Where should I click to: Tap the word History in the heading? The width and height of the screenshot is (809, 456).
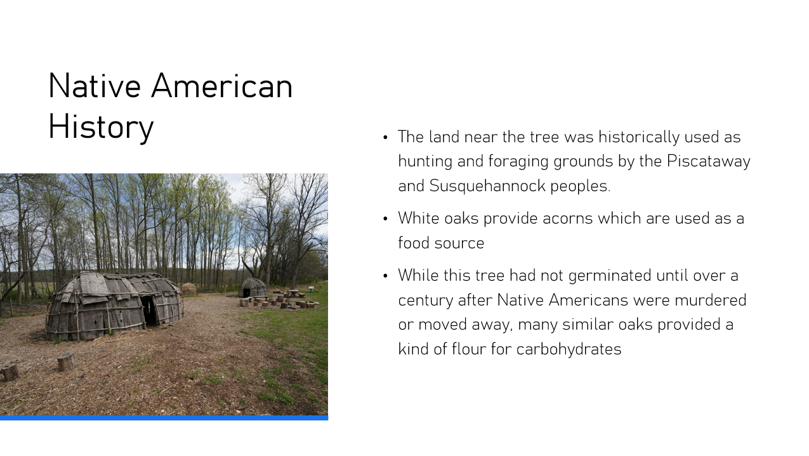[101, 127]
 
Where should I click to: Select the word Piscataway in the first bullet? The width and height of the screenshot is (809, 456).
[709, 161]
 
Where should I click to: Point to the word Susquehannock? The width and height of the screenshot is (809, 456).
[487, 186]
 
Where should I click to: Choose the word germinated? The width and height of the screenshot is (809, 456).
[610, 276]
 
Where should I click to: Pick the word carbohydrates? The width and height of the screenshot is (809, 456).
[569, 349]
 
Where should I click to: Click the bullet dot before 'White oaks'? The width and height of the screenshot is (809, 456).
[385, 218]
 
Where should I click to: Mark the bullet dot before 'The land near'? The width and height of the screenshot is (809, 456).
[385, 137]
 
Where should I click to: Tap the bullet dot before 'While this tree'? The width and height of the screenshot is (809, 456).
[385, 276]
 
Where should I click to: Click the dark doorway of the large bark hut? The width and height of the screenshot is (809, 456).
[149, 311]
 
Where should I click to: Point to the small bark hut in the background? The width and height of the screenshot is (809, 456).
[252, 288]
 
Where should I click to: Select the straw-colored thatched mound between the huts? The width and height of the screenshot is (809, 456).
[188, 290]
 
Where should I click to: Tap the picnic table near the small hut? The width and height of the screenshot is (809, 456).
[294, 293]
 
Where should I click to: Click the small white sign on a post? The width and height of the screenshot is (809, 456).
[312, 288]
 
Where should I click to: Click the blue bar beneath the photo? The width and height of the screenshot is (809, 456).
[164, 418]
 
